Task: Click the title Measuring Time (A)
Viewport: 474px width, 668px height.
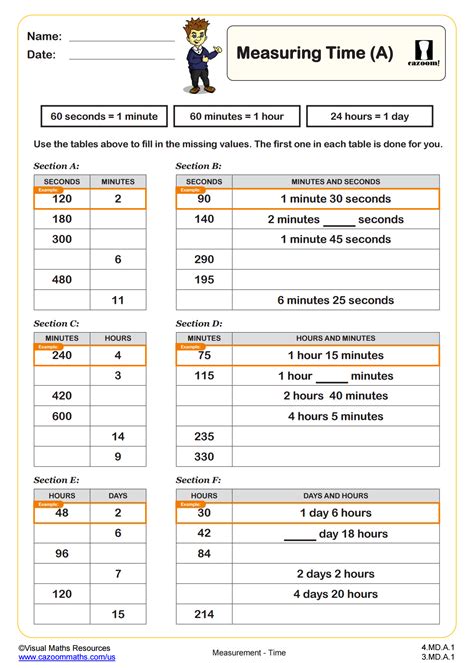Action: click(313, 53)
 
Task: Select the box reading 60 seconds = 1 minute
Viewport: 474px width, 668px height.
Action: click(104, 116)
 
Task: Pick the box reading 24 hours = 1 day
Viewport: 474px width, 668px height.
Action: click(369, 116)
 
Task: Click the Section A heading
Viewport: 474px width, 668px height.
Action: click(56, 165)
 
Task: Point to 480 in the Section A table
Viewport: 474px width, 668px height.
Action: click(62, 280)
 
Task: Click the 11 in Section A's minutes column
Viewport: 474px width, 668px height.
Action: click(118, 300)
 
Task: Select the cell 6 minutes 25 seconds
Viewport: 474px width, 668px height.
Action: click(335, 300)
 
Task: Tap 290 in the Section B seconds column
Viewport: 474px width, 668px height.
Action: click(204, 259)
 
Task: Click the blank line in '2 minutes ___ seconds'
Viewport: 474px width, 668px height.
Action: click(339, 221)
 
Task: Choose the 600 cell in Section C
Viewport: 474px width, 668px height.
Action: click(62, 416)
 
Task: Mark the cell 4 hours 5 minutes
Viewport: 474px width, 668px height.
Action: click(335, 416)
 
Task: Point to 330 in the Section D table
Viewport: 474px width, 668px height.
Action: click(204, 457)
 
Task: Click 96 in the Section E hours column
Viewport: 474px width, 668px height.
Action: click(62, 553)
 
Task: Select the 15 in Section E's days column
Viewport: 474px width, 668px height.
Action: click(118, 613)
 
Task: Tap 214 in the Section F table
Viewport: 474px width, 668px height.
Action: click(204, 613)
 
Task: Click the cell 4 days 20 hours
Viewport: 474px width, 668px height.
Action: click(335, 593)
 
